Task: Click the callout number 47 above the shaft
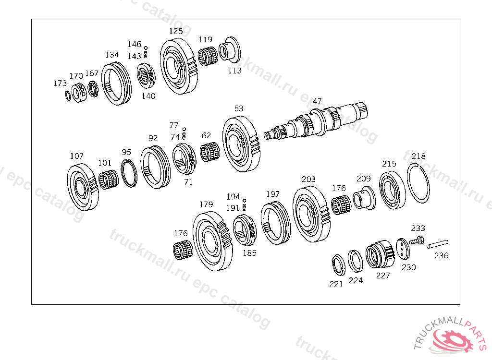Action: coord(317,101)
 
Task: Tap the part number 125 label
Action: coord(176,31)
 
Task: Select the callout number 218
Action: coord(418,156)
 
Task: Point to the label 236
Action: coord(441,255)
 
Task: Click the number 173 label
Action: coord(60,83)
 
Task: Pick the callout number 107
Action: coord(76,156)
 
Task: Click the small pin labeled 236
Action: coord(437,244)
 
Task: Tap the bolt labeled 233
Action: coord(417,241)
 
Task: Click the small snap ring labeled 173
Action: coord(68,96)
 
